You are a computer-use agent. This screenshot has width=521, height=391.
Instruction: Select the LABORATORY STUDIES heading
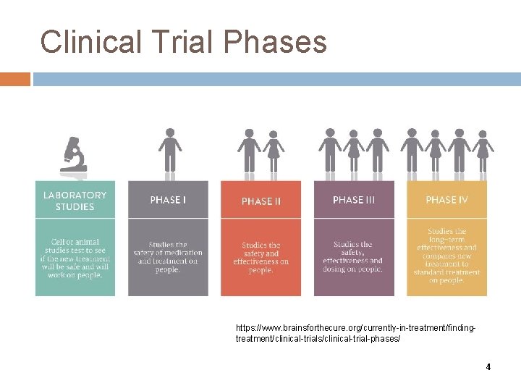point(75,201)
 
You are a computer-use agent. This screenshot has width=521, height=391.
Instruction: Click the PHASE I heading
point(168,200)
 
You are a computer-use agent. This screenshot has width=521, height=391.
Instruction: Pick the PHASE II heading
point(260,201)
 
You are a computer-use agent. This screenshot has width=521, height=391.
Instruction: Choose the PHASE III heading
point(353,200)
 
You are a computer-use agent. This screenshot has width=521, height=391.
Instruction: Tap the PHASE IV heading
point(446,200)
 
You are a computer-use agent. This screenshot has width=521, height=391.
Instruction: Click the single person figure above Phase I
point(169,153)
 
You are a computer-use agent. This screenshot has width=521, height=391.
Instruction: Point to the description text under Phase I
point(168,257)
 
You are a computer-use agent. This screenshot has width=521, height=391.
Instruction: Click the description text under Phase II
point(260,257)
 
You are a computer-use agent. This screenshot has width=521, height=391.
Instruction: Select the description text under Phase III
point(353,257)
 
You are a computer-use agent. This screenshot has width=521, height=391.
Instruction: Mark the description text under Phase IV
point(446,256)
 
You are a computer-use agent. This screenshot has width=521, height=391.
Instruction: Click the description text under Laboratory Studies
point(75,257)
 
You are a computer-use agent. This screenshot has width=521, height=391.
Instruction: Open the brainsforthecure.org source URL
point(355,334)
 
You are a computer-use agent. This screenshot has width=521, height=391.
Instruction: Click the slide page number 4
point(488,367)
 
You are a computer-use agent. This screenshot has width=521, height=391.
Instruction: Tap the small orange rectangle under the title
point(15,78)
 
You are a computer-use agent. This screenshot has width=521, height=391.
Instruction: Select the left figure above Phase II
point(249,153)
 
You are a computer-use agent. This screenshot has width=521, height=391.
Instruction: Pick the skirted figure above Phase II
point(273,153)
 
